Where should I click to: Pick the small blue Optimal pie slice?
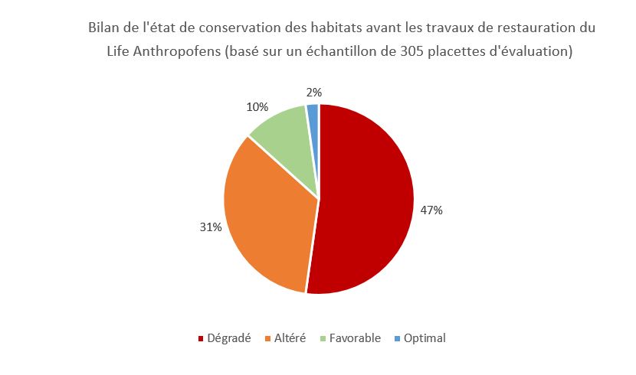(x=313, y=115)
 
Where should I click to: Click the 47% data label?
(x=431, y=210)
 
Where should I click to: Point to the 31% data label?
(x=211, y=227)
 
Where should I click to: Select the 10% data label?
(x=257, y=106)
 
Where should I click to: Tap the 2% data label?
(x=314, y=93)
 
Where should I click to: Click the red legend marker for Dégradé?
(x=201, y=338)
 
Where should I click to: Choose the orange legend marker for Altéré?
(x=268, y=338)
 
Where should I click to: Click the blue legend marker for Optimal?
(x=397, y=338)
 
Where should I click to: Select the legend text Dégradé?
(x=229, y=338)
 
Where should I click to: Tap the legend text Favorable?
(x=355, y=338)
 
